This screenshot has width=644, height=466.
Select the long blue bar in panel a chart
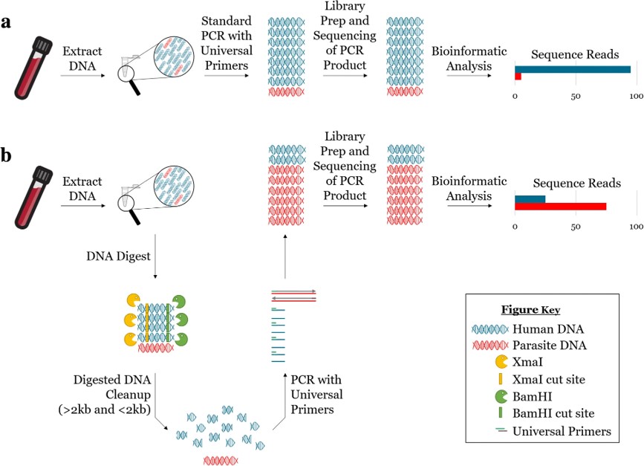pyautogui.click(x=573, y=69)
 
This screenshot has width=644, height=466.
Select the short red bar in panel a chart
pyautogui.click(x=518, y=77)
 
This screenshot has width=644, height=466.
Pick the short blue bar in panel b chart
pyautogui.click(x=530, y=198)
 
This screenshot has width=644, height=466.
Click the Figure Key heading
pyautogui.click(x=540, y=309)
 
